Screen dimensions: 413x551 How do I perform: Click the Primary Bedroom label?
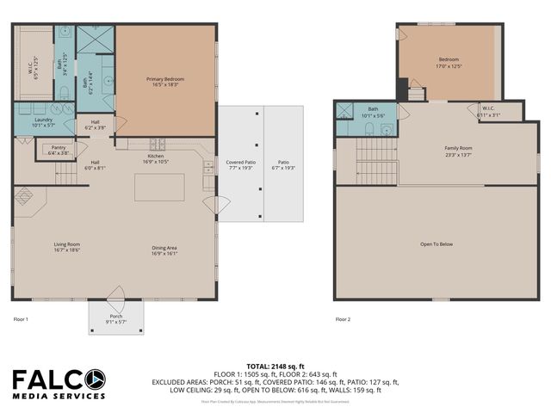[x=165, y=82]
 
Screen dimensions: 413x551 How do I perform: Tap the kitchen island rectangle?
[x=159, y=187]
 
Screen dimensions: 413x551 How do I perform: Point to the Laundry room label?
[x=43, y=121]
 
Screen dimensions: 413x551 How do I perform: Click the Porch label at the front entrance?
[x=115, y=318]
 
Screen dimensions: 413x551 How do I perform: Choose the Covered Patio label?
[x=240, y=165]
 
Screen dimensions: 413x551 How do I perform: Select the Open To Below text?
[x=436, y=244]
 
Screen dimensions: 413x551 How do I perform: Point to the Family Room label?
[x=458, y=151]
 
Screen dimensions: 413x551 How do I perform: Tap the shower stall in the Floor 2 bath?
[x=344, y=110]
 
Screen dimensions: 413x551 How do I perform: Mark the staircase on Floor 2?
[x=376, y=162]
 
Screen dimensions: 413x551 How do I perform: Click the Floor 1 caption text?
[x=21, y=319]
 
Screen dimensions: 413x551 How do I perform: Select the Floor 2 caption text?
[x=343, y=319]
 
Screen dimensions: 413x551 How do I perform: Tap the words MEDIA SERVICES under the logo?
[x=59, y=397]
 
